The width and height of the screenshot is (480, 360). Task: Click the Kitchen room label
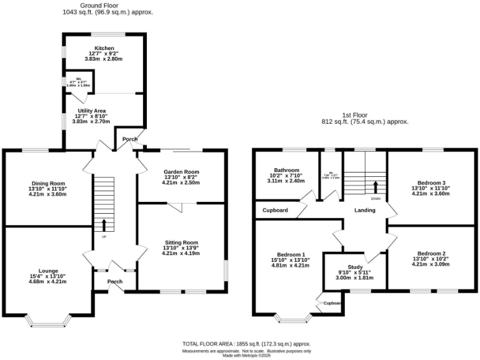[105, 48]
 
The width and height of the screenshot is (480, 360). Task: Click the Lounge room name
[47, 271]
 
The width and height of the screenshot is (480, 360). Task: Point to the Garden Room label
[181, 172]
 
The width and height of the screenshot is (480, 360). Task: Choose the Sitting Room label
[181, 242]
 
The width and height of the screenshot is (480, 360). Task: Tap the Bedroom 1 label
[291, 254]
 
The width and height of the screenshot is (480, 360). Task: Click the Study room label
[346, 267]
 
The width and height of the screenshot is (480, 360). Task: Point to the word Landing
[364, 210]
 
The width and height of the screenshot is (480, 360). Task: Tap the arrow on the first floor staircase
[376, 187]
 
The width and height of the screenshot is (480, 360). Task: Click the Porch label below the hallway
[115, 281]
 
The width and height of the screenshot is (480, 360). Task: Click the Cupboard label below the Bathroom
[275, 211]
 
